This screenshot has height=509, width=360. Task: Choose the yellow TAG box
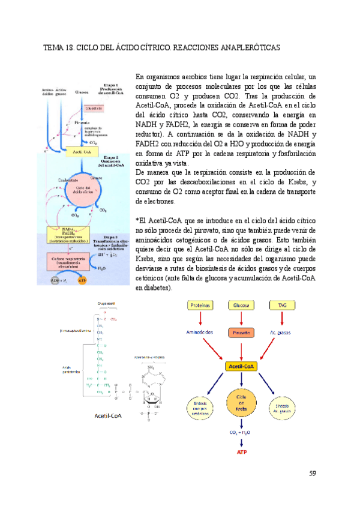click(281, 306)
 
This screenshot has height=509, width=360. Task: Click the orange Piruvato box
click(242, 332)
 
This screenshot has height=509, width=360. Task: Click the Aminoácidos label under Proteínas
click(205, 332)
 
